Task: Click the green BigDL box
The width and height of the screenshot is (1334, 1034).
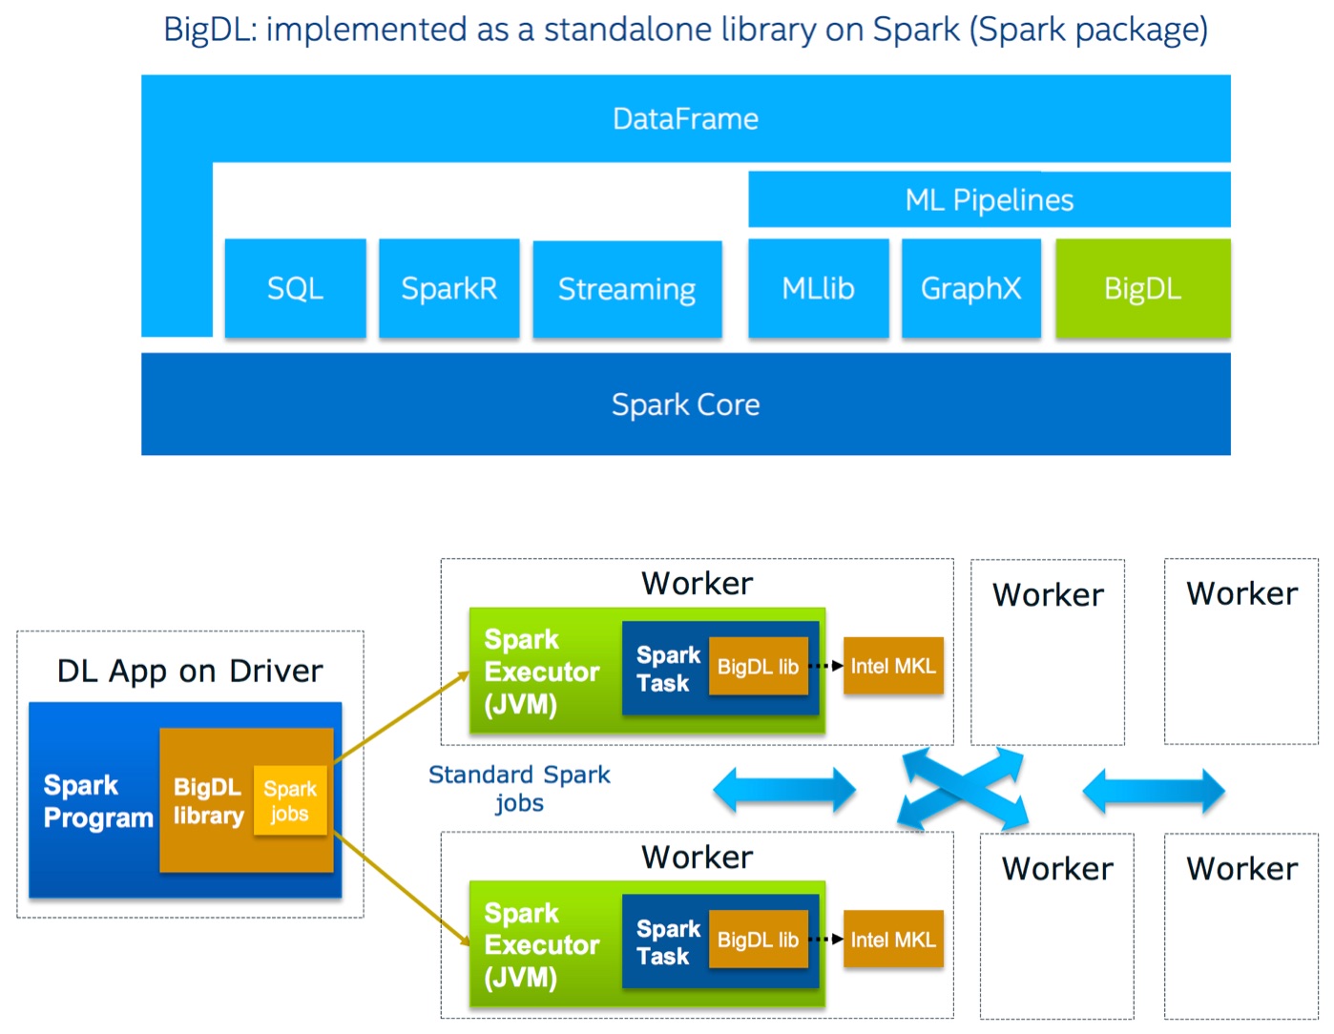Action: click(x=1142, y=288)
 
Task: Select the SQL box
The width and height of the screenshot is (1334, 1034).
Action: click(x=295, y=288)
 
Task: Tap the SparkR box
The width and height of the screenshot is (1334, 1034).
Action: click(x=448, y=288)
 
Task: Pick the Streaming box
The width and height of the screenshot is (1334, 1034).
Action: click(x=627, y=289)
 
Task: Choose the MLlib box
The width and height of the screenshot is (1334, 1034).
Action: click(x=818, y=288)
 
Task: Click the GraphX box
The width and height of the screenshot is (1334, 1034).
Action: click(x=970, y=288)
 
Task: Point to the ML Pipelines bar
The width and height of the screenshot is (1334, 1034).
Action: click(x=989, y=199)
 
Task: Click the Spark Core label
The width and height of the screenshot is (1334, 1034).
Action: click(x=685, y=404)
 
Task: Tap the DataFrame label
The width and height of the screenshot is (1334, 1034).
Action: click(x=685, y=119)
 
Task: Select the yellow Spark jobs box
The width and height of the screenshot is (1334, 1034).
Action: click(x=290, y=800)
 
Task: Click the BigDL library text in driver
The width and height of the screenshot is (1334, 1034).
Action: click(x=207, y=801)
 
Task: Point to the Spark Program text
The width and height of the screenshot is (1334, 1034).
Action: click(x=97, y=801)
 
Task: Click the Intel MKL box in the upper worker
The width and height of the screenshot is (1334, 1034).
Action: click(x=893, y=666)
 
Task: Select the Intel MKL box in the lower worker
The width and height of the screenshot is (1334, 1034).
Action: click(x=893, y=940)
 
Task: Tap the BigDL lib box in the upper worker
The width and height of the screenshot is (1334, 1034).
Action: click(x=758, y=667)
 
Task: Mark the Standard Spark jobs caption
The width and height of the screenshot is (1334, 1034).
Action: click(x=519, y=788)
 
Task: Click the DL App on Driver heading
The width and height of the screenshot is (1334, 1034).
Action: click(x=190, y=671)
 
